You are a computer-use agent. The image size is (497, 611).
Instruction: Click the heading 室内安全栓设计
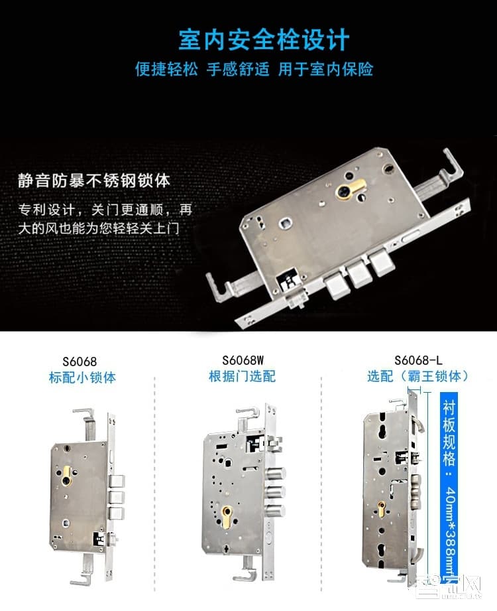263,40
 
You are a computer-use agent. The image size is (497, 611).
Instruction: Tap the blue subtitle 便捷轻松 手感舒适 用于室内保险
254,69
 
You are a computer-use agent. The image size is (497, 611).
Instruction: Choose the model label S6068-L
418,360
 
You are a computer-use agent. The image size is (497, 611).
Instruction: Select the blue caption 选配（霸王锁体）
418,376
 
